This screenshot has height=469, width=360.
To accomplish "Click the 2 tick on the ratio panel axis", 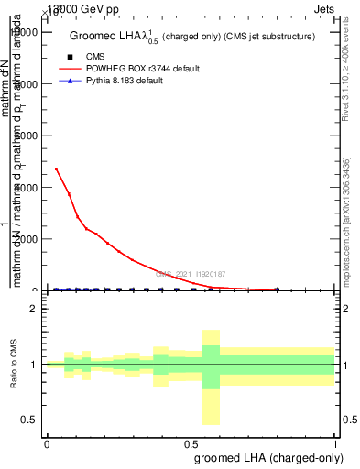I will [34, 309].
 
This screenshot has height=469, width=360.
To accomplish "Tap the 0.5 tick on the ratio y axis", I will [30, 420].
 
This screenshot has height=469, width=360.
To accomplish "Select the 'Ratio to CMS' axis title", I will [14, 365].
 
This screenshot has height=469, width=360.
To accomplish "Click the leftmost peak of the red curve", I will [56, 169].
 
